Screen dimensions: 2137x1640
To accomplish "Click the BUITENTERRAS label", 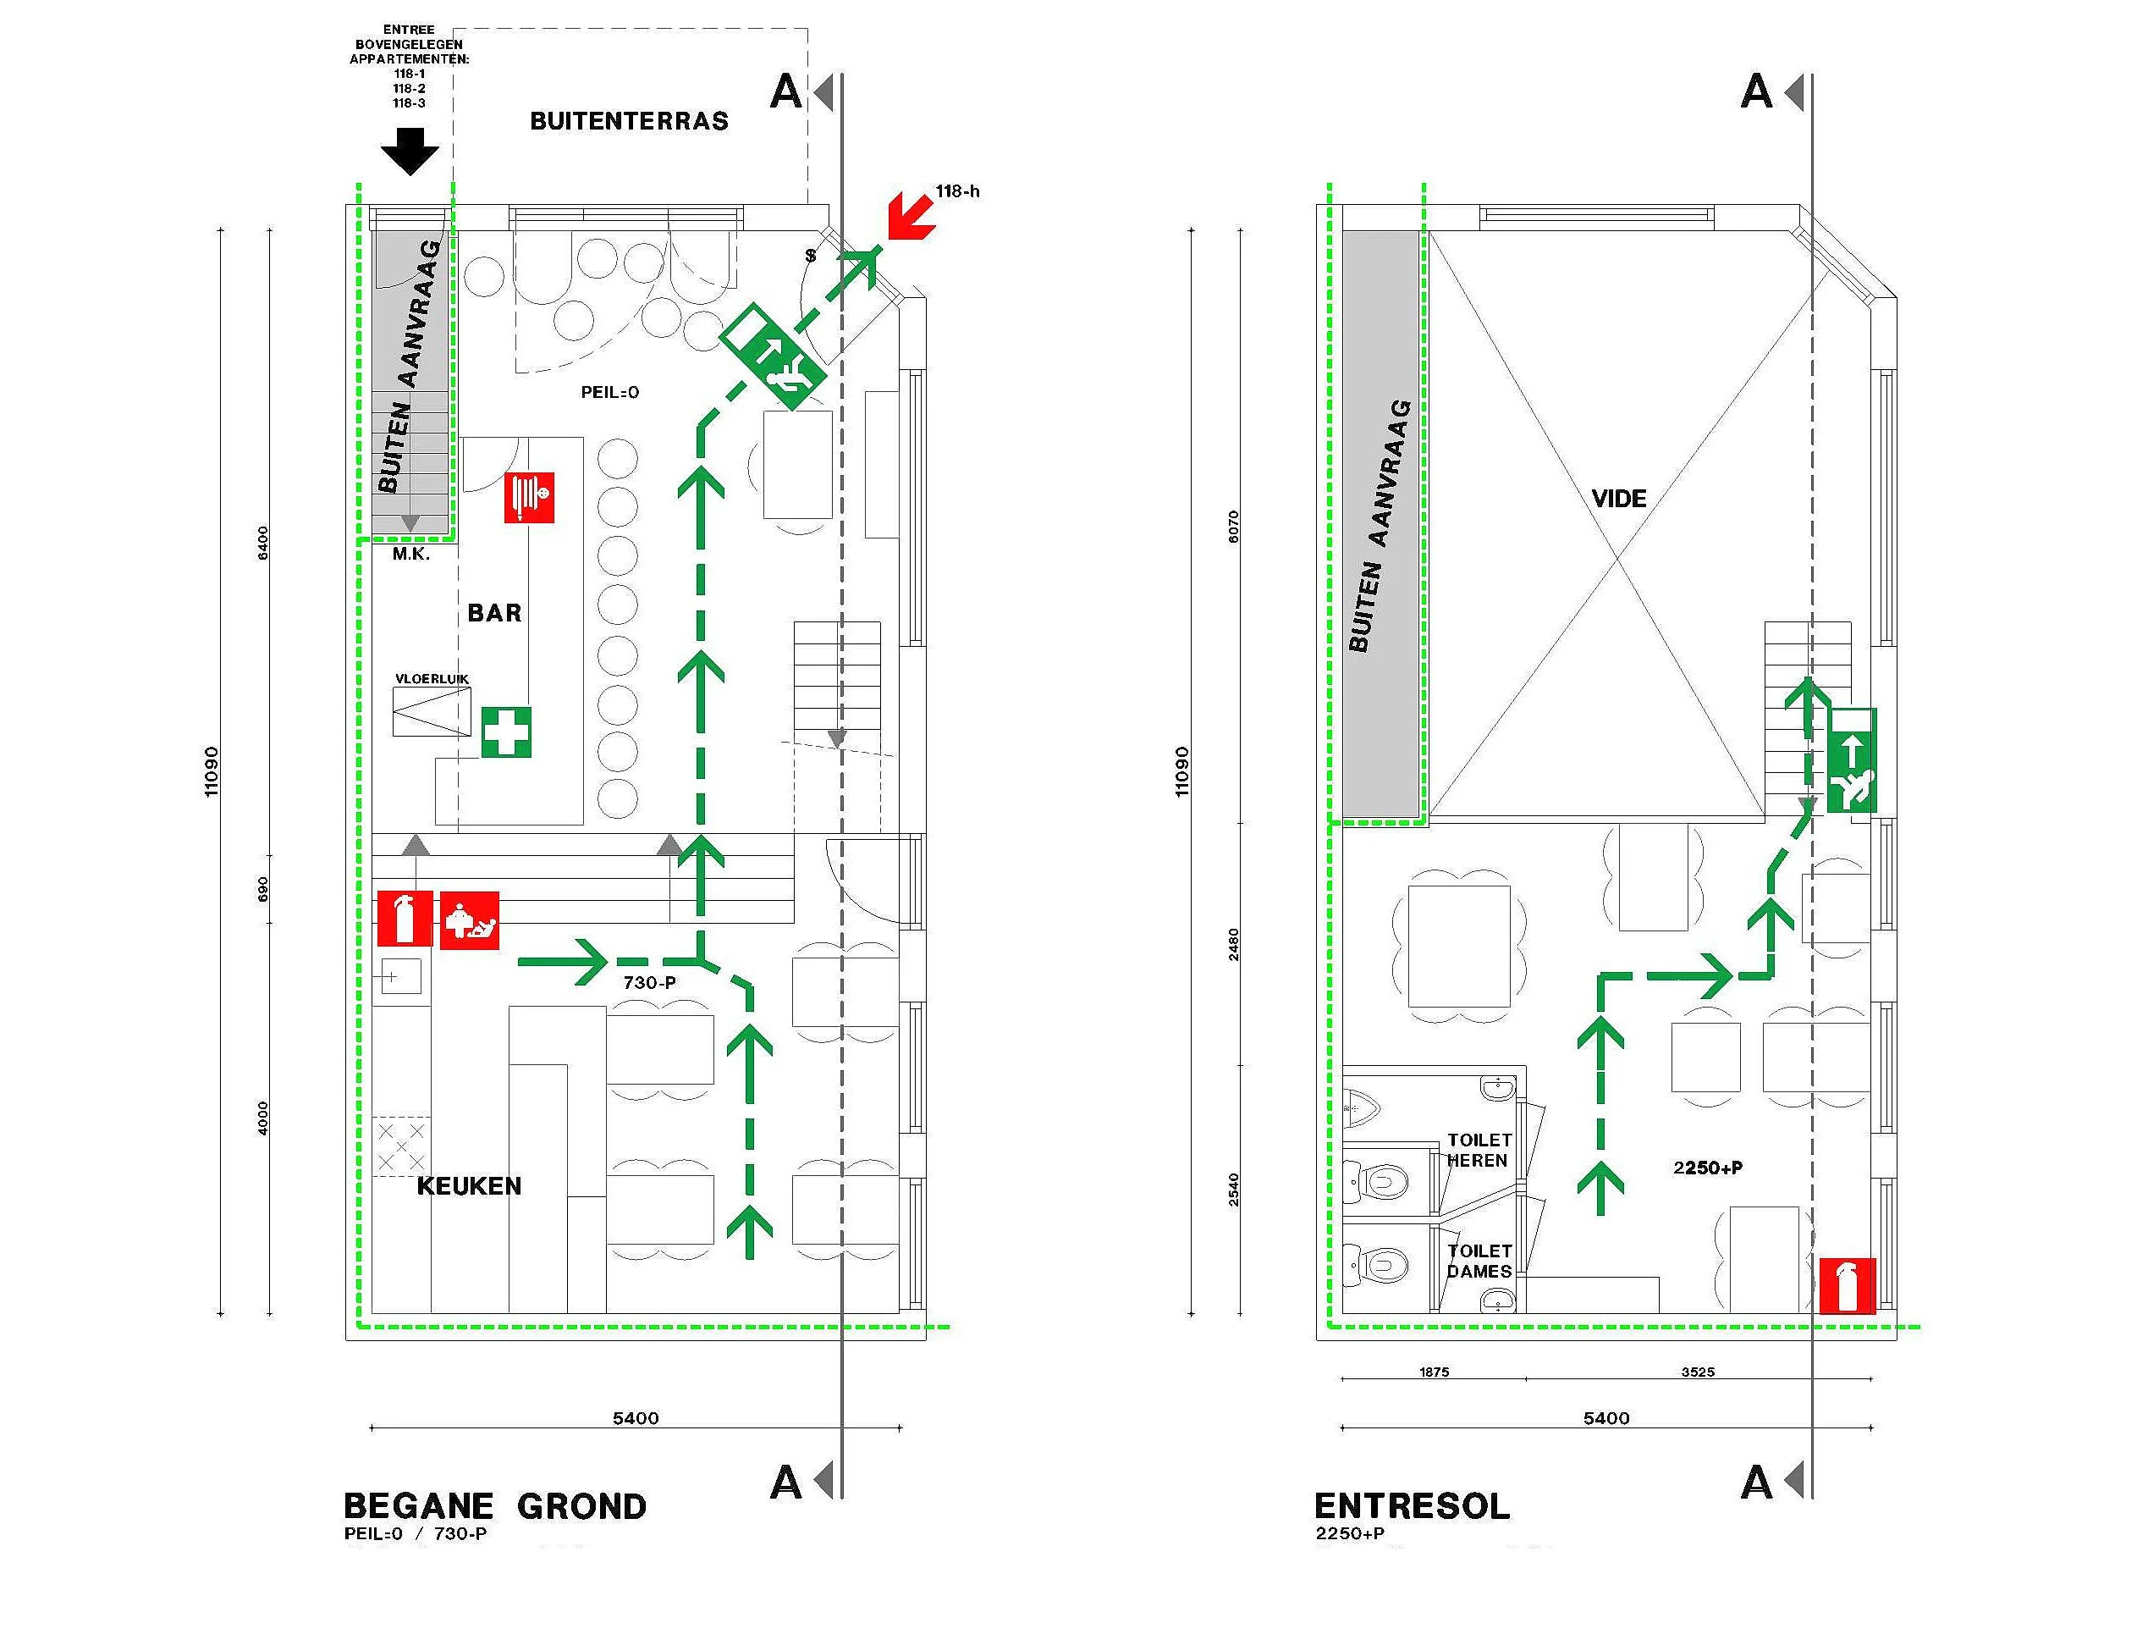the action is coord(629,121).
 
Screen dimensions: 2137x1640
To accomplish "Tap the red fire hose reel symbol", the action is coord(529,497).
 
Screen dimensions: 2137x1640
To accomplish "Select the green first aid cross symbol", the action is coord(506,732).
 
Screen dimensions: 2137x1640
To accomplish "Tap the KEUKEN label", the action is coord(470,1186).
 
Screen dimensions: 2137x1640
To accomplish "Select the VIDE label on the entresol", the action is coord(1619,499).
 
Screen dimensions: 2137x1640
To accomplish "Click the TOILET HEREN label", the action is coord(1479,1150).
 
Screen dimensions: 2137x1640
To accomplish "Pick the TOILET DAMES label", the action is coord(1479,1262).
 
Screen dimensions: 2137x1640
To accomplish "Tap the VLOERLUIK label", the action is coord(432,678).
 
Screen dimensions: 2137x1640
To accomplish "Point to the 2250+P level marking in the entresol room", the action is coord(1708,1168).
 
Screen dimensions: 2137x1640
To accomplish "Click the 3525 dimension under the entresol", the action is coord(1698,1372).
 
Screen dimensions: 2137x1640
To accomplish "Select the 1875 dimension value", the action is coord(1435,1372).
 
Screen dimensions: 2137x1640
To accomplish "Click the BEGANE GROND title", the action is coord(495,1506).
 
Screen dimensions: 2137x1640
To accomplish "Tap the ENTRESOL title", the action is coord(1412,1506).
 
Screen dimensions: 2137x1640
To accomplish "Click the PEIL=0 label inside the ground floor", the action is coord(610,392).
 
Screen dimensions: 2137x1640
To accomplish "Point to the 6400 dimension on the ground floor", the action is coord(262,543).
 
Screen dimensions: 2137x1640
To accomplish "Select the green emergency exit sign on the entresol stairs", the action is coord(1851,760).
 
